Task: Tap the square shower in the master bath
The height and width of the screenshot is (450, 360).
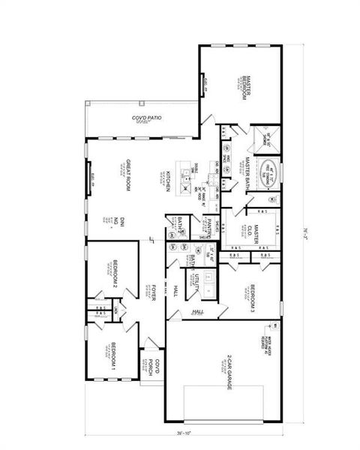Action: pos(265,137)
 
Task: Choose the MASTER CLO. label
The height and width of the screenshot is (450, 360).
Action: pos(253,234)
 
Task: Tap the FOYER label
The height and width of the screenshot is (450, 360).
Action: pos(152,293)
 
